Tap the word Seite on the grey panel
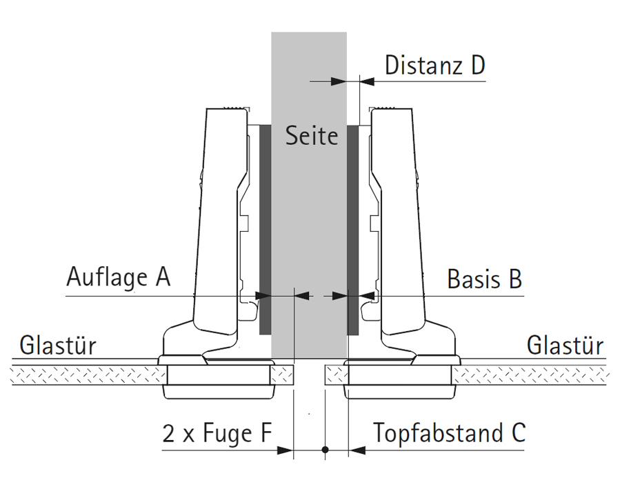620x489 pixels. (312, 135)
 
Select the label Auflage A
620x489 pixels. (118, 277)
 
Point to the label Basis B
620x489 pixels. (484, 279)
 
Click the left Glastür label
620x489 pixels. (58, 345)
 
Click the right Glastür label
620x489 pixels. (564, 345)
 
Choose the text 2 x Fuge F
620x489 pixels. (217, 434)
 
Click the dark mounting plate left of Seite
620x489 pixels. (264, 228)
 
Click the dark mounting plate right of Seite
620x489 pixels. (352, 228)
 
